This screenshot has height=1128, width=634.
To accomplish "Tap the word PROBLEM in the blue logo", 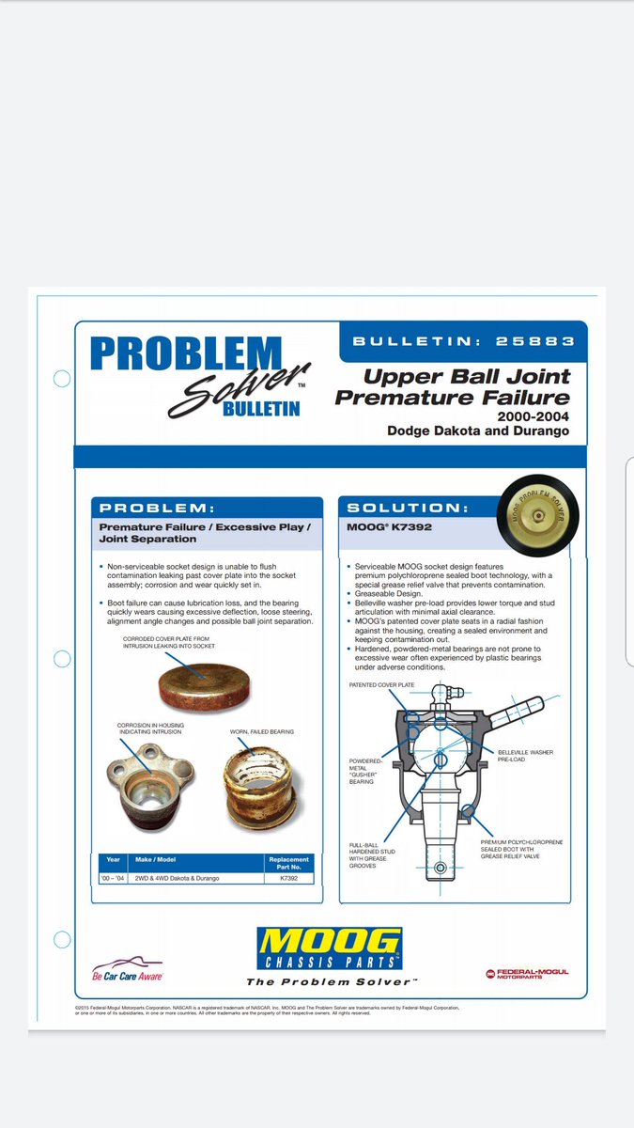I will [185, 354].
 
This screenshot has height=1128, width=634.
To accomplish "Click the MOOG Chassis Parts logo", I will [329, 950].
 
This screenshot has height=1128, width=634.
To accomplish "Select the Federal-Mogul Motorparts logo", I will [527, 974].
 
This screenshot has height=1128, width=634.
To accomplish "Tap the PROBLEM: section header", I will [159, 508].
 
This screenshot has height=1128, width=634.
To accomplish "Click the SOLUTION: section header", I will [407, 508].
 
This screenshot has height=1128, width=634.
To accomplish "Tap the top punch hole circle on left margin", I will [62, 379].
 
